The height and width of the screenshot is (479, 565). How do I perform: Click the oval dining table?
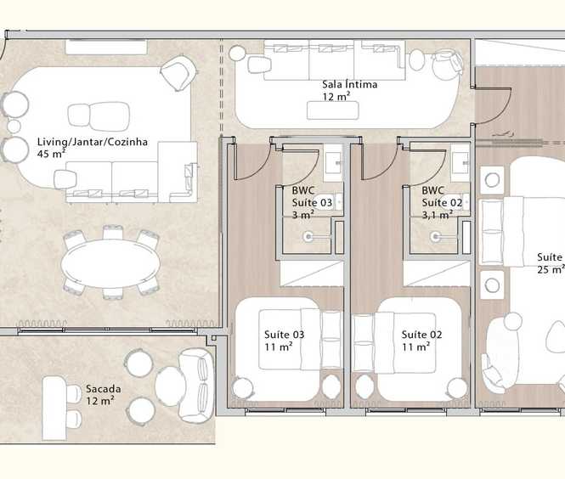tap(110, 263)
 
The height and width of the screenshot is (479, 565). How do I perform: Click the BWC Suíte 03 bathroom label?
tap(312, 202)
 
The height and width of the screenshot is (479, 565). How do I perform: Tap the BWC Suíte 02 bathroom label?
tap(442, 202)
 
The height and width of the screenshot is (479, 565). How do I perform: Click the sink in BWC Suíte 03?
tap(333, 163)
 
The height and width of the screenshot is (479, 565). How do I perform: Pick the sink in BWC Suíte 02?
tap(460, 163)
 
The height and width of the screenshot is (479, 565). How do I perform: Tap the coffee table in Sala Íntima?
tap(332, 110)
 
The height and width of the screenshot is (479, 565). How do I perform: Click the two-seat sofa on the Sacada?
tap(196, 386)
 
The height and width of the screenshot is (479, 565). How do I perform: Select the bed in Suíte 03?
tap(300, 339)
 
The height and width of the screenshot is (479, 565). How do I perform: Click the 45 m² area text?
tap(51, 154)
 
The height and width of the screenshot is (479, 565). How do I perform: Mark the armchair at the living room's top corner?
tap(179, 73)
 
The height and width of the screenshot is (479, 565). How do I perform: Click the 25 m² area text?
tap(551, 269)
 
